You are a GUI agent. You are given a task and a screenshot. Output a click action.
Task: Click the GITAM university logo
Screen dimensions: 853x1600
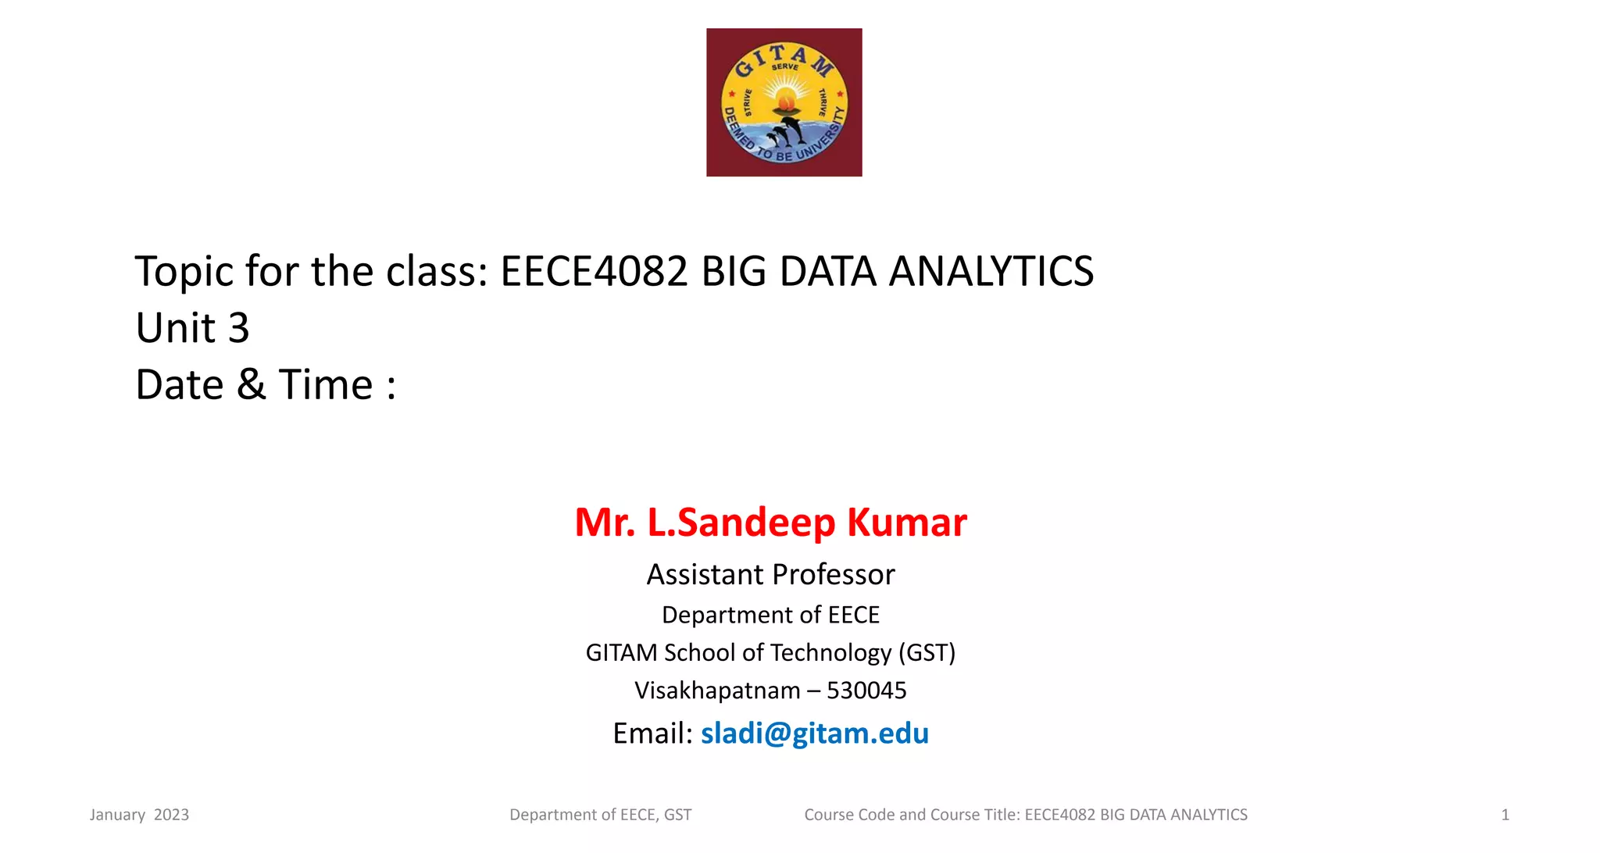pos(784,102)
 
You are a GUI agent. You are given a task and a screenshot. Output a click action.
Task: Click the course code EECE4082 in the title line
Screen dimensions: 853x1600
pos(594,271)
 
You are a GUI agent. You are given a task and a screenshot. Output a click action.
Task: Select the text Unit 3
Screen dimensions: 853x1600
pos(192,327)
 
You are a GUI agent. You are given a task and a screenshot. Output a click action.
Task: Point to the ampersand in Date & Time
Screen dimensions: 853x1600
pos(251,384)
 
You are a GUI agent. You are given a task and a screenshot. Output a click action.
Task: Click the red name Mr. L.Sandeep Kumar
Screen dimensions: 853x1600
pos(770,522)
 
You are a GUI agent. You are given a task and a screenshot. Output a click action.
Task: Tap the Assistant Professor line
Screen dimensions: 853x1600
pos(770,574)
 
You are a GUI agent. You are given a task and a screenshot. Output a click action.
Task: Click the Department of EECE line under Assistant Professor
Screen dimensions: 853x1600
pos(770,615)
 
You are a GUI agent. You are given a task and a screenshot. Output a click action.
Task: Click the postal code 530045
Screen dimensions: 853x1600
pos(866,691)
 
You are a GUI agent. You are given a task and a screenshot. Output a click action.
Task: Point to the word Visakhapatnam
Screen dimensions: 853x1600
pos(717,691)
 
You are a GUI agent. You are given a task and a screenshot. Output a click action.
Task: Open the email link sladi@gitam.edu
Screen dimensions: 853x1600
pos(814,733)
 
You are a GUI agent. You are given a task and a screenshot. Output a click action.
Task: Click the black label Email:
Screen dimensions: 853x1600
pos(652,733)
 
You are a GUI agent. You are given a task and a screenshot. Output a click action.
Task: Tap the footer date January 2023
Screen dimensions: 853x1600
pos(139,815)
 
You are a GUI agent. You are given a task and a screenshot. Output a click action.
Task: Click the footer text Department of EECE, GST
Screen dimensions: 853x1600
pos(600,815)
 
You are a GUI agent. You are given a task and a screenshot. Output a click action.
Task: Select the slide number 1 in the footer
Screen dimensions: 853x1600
pos(1505,815)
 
